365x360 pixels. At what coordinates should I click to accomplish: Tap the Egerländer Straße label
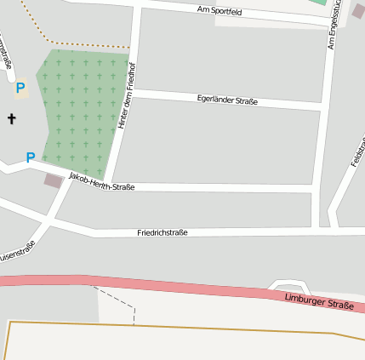tap(226, 100)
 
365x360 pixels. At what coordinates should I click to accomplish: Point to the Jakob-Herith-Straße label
tap(101, 181)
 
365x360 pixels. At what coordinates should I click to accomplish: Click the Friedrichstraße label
tap(163, 232)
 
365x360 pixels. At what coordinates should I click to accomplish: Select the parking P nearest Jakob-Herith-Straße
tap(31, 157)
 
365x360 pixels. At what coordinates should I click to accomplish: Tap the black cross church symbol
tap(12, 118)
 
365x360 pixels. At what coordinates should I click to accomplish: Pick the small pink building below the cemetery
tap(53, 180)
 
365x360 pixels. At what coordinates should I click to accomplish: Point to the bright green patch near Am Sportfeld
tap(318, 3)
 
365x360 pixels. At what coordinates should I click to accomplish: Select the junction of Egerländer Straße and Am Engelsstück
tap(322, 106)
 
